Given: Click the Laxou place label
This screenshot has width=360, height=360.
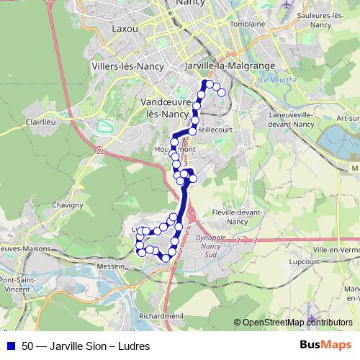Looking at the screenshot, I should pos(125,30).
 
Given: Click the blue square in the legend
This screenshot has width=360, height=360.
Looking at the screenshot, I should pos(10,346).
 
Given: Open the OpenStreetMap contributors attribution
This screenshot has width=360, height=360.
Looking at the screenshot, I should pos(297,323).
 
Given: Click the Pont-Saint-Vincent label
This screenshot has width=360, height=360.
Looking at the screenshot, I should pos(20,284).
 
